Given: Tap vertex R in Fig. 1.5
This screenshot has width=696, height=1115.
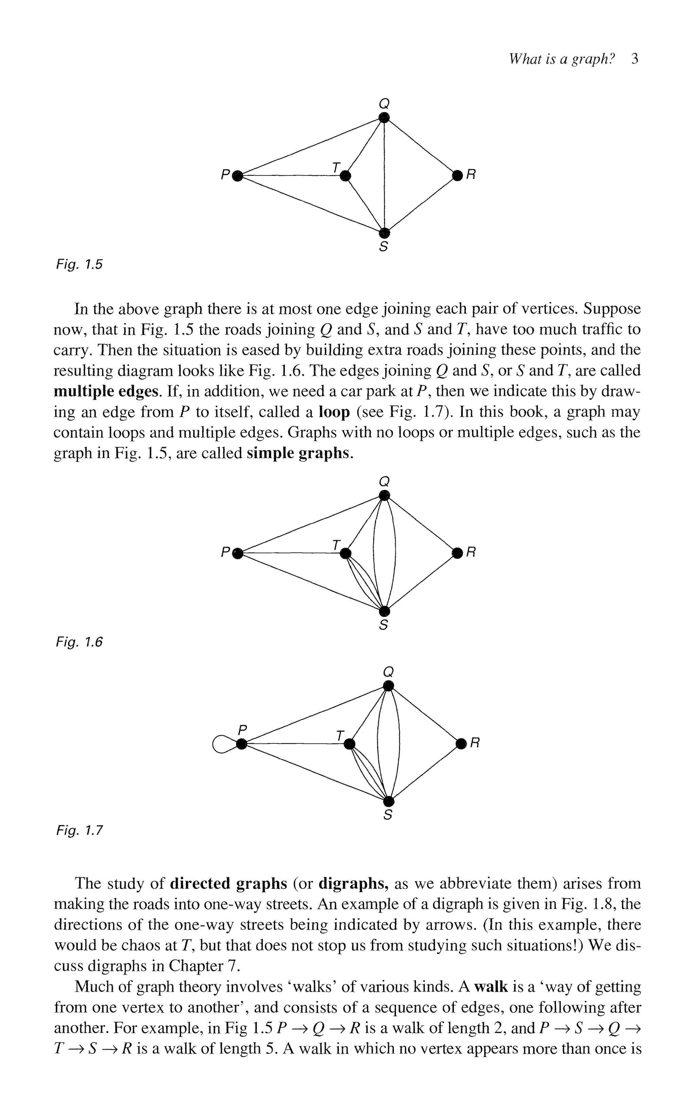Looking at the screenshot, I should tap(457, 175).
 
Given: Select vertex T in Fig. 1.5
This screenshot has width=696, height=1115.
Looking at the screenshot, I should tap(345, 175).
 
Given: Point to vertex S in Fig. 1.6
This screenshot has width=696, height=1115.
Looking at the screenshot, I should tap(384, 611).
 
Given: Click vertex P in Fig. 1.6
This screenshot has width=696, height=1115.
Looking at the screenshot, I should tap(238, 553).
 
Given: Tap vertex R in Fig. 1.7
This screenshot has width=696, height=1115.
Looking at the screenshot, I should tap(461, 743).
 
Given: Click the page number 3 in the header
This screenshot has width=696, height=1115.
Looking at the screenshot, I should tap(635, 59).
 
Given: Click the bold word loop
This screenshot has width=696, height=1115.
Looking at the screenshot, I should tap(335, 412).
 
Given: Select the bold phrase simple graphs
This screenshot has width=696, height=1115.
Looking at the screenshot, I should tap(300, 453).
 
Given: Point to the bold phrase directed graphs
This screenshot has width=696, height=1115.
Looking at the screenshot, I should tap(228, 884).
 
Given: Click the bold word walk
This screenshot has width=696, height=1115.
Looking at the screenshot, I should tap(491, 987).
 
